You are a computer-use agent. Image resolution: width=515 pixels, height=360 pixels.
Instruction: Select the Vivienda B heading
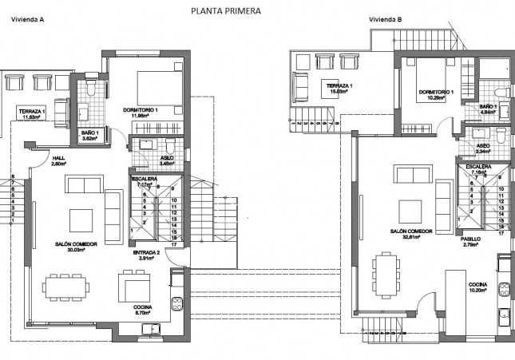click(386, 19)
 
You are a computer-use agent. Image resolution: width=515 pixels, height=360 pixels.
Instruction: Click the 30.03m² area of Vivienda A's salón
click(77, 250)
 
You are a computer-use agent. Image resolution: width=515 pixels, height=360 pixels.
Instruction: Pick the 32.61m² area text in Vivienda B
click(411, 237)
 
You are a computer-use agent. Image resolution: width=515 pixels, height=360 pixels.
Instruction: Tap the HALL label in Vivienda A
click(58, 158)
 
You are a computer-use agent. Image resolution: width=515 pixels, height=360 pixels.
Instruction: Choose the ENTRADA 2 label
click(146, 252)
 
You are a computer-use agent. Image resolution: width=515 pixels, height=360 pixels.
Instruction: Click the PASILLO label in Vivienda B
click(471, 238)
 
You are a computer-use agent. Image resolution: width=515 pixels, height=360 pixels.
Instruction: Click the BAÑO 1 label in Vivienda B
click(489, 106)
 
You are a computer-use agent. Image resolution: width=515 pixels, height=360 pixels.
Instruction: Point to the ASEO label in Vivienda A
click(167, 158)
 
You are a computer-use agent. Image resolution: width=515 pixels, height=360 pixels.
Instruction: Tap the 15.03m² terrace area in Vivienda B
click(336, 91)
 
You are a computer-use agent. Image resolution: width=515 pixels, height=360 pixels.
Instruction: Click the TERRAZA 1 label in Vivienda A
click(34, 111)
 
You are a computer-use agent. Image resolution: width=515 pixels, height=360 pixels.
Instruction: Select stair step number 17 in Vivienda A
click(172, 243)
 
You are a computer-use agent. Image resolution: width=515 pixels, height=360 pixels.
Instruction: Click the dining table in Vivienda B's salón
click(386, 271)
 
